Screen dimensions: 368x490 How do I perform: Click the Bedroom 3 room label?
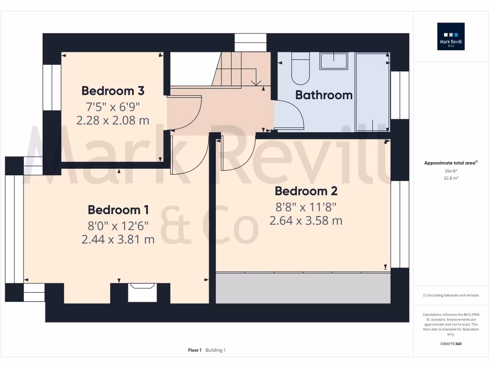click(x=113, y=91)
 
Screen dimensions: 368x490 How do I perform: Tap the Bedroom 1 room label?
click(x=118, y=210)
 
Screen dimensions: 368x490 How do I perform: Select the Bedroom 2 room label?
click(x=306, y=191)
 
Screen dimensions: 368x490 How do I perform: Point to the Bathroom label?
click(x=323, y=95)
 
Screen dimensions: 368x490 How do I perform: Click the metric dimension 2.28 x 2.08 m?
click(x=113, y=120)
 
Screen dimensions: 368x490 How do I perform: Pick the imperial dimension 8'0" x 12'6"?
click(x=118, y=225)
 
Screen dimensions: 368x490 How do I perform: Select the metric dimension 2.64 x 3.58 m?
click(x=306, y=220)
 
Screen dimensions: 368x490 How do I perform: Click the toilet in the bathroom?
click(x=301, y=69)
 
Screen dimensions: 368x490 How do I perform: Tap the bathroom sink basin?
click(x=334, y=61)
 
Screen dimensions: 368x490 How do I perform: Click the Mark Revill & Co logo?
click(x=451, y=36)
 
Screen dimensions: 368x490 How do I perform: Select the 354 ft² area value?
click(x=451, y=171)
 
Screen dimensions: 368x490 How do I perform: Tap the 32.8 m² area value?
click(x=451, y=178)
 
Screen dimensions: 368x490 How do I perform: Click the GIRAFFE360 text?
click(x=451, y=344)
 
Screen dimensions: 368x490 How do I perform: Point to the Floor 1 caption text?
click(x=195, y=350)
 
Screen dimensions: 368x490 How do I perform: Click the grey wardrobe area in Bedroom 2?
click(x=303, y=288)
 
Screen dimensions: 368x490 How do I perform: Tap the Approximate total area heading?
click(x=450, y=163)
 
